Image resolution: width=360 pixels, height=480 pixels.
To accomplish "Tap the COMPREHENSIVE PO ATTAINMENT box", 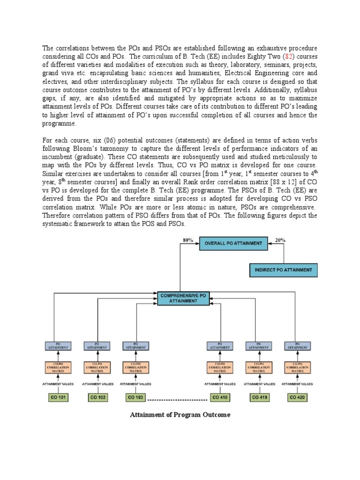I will (x=183, y=299).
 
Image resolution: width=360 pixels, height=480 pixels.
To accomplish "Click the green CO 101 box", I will (x=58, y=397).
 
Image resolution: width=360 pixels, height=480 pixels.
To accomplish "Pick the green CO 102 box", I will (x=97, y=397).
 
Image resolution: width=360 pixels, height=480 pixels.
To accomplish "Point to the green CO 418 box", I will (x=220, y=397).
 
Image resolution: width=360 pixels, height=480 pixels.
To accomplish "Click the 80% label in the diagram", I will (x=188, y=240).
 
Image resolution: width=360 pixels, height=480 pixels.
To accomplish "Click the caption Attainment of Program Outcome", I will (x=180, y=415).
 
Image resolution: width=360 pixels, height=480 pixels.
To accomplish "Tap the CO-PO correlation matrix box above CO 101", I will (x=58, y=367).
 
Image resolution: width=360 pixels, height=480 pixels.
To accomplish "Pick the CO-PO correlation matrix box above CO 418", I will (x=220, y=367).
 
